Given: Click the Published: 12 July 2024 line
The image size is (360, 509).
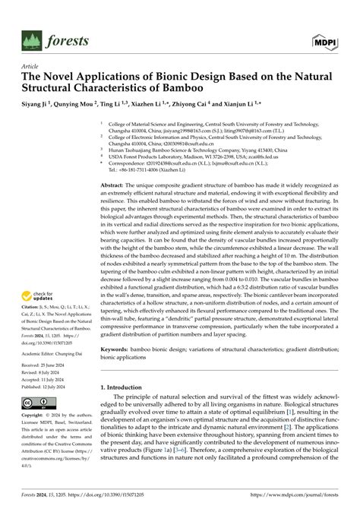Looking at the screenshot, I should tap(48, 385).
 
